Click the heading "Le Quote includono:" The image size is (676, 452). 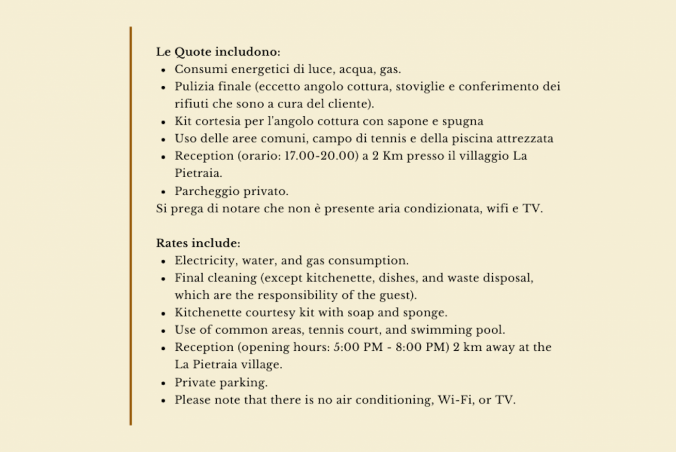coord(218,52)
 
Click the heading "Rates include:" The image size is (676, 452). coord(198,243)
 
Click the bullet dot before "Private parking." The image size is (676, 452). coord(164,383)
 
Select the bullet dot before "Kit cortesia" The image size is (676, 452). coord(164,122)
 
